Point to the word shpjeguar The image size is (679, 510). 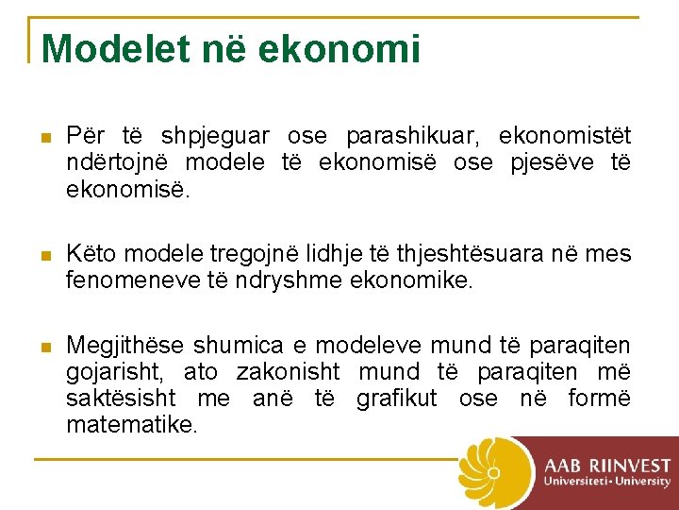[215, 137]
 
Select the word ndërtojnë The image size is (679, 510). [111, 163]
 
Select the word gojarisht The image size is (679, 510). [110, 372]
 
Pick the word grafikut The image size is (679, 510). [397, 399]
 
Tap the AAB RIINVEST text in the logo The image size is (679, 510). [606, 466]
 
